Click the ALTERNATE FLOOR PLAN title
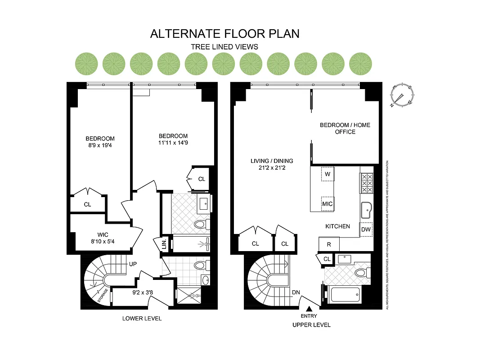click(x=224, y=34)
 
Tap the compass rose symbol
click(x=401, y=96)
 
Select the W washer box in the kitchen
click(x=327, y=174)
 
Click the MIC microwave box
click(x=327, y=204)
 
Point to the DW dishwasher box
click(x=366, y=229)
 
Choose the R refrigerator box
click(x=328, y=244)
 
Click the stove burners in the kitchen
click(x=367, y=183)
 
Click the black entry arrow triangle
click(x=310, y=309)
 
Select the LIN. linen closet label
click(x=165, y=244)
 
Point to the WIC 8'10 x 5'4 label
click(x=103, y=238)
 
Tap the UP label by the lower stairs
click(x=133, y=264)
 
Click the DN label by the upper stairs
click(x=296, y=293)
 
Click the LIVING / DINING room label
click(x=272, y=164)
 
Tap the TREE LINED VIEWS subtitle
click(x=224, y=47)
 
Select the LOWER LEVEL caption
click(x=142, y=319)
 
